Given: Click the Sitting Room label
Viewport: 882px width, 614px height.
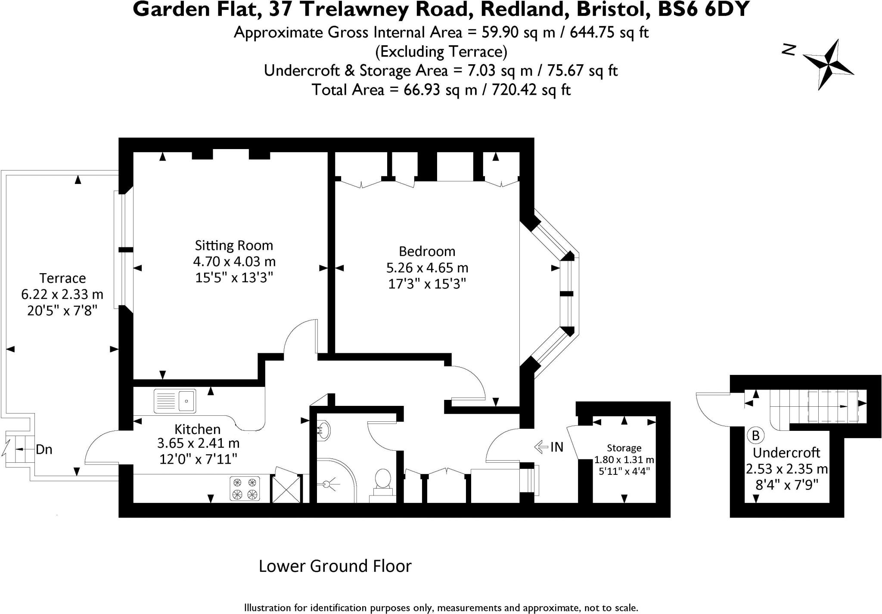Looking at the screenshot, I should pyautogui.click(x=234, y=246).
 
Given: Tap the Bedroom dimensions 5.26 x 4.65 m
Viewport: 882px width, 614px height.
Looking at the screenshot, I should pyautogui.click(x=427, y=268).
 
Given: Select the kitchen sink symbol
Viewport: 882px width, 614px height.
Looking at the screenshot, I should pyautogui.click(x=174, y=401).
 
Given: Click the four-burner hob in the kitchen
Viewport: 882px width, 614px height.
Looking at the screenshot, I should pyautogui.click(x=245, y=488).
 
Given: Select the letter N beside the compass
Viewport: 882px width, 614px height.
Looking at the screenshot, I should pyautogui.click(x=789, y=50).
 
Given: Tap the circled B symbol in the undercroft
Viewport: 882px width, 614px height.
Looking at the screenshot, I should pyautogui.click(x=755, y=436).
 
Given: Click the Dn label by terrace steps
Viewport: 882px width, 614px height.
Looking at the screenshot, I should pyautogui.click(x=44, y=450).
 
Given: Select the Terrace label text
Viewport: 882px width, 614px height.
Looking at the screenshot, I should pyautogui.click(x=62, y=278).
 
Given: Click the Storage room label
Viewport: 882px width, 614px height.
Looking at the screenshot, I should pyautogui.click(x=624, y=448).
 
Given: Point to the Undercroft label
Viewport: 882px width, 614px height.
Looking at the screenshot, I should pyautogui.click(x=786, y=453).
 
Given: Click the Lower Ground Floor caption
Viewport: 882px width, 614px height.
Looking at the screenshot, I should pyautogui.click(x=335, y=566).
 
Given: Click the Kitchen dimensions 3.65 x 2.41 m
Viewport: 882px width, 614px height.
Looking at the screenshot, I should pyautogui.click(x=199, y=443).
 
